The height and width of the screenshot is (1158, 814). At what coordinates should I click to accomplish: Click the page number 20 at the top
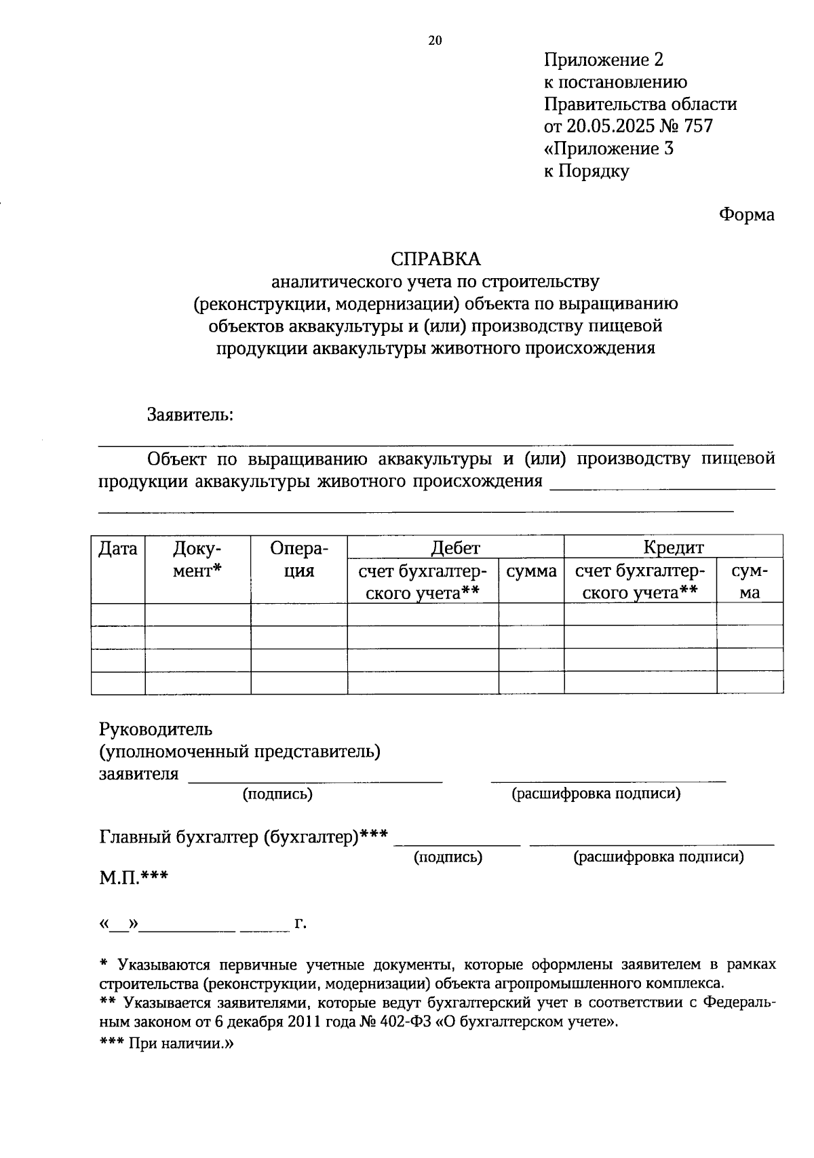435,40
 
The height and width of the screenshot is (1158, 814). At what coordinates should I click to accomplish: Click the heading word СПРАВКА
435,259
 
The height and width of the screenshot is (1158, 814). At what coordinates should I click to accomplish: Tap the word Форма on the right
746,215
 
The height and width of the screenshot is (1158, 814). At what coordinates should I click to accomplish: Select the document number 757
699,126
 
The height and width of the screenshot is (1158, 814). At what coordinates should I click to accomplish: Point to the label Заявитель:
191,414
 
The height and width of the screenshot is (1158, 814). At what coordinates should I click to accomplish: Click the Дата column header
118,548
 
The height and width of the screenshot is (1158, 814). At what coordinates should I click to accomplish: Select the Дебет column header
455,547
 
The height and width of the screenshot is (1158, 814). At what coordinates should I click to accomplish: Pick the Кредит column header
673,547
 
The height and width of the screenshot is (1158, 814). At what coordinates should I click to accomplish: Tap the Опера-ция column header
298,559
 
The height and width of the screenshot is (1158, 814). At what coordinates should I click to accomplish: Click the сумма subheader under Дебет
531,571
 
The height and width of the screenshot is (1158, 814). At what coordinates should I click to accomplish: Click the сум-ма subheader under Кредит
750,581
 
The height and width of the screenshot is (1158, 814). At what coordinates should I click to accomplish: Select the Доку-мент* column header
197,559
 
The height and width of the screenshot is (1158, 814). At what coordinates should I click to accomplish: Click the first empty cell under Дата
118,614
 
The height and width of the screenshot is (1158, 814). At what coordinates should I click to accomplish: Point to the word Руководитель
156,729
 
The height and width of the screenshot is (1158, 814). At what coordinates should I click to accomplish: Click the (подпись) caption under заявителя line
277,794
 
